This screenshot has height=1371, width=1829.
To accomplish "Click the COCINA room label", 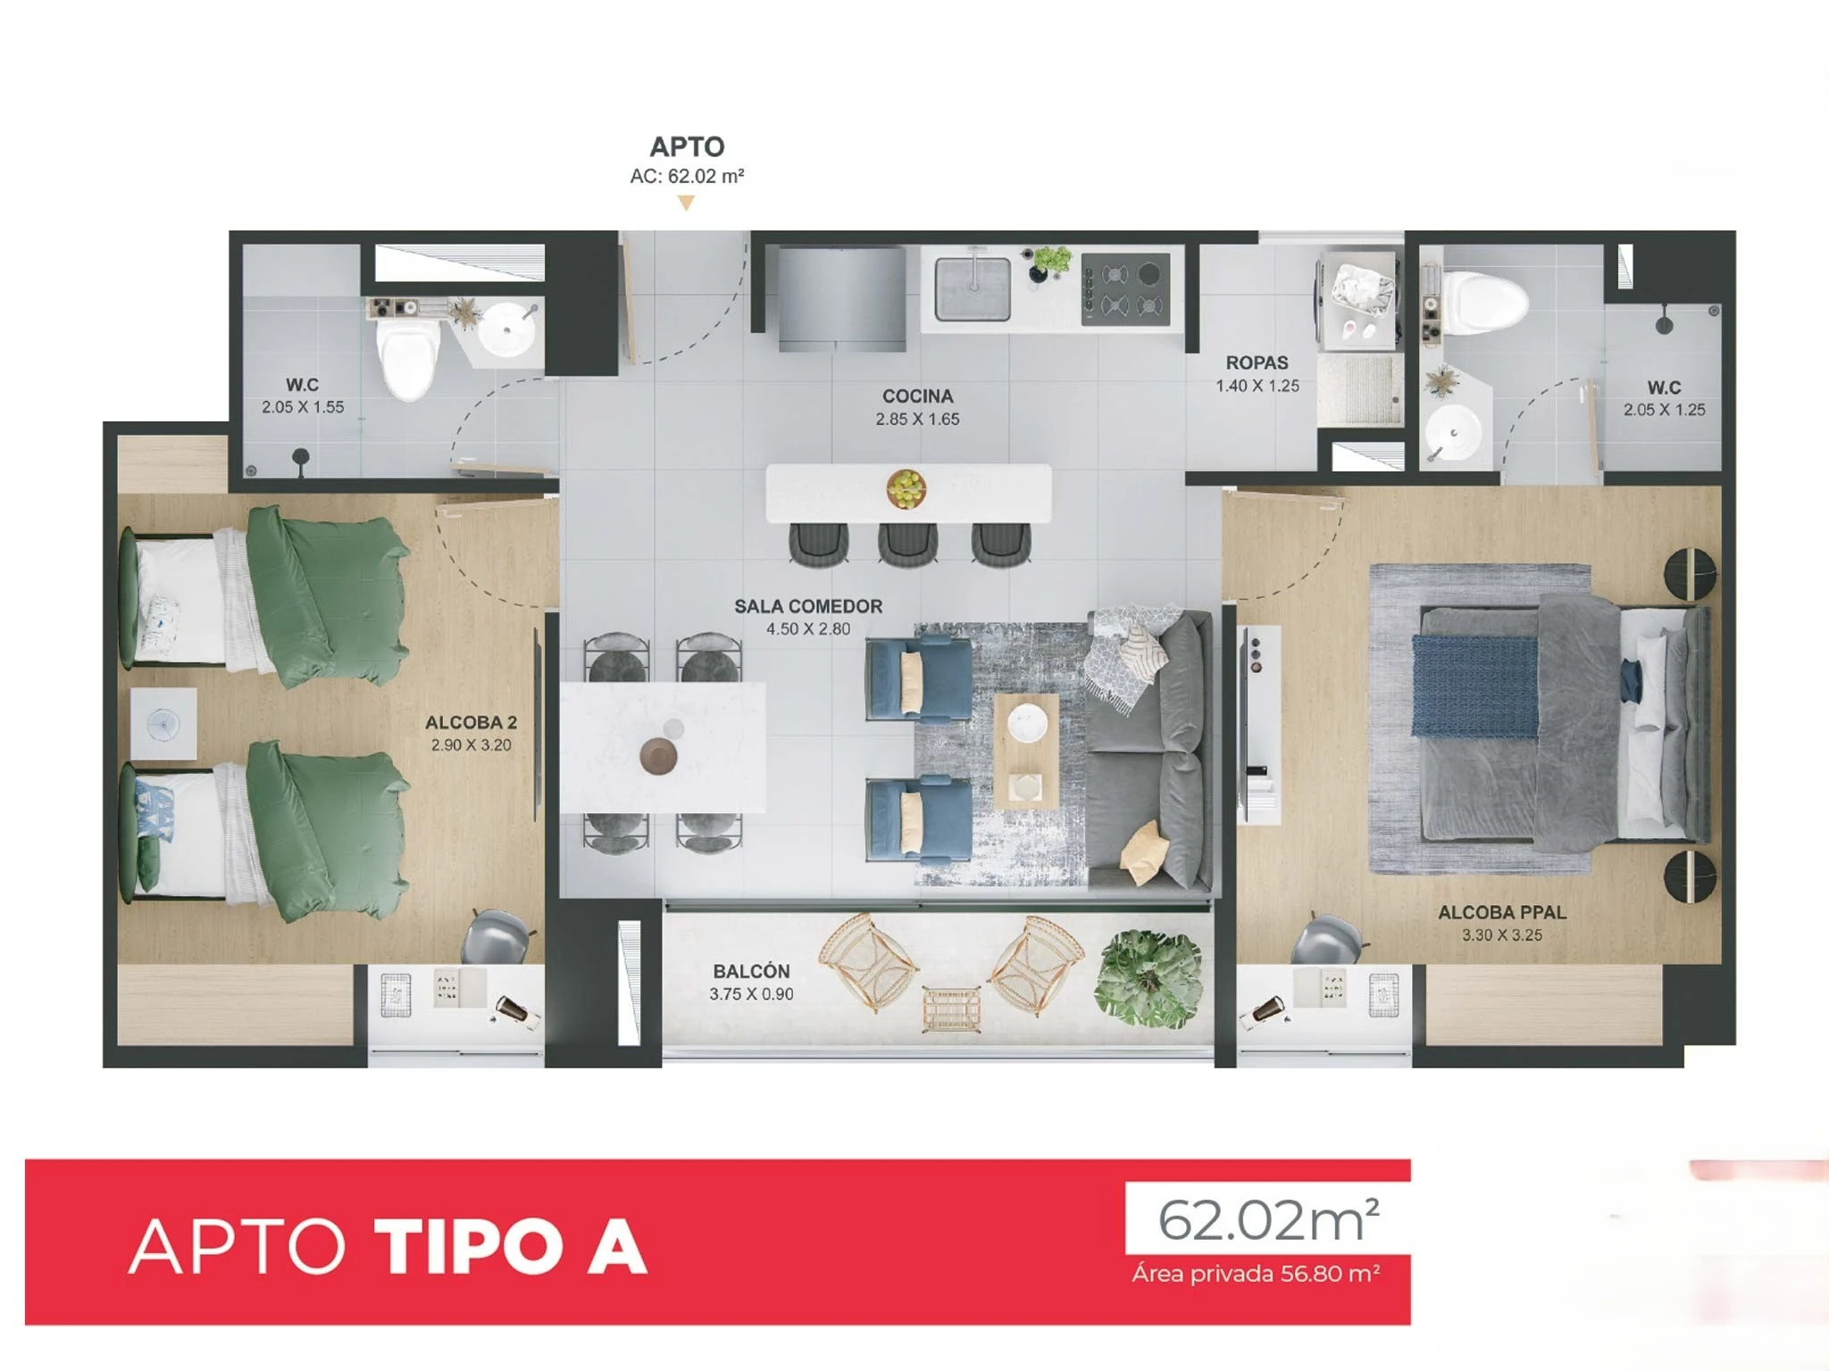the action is coord(917,395).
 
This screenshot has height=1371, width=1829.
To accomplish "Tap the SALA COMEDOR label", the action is coord(808,606).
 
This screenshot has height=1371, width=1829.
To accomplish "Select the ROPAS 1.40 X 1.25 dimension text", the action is coord(1257,386).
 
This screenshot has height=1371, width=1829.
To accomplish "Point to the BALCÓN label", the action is coord(751,970).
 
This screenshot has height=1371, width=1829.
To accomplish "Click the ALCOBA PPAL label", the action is coord(1501,912).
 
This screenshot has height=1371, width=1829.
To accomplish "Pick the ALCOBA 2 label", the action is coord(471,722).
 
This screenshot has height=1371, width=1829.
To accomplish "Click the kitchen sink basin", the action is coord(973,288).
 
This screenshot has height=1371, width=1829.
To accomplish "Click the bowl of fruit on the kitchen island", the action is coord(906,488).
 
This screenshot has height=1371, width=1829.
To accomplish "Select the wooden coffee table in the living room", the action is coord(1026,751).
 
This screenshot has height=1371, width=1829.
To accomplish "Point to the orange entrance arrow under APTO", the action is coord(686,204).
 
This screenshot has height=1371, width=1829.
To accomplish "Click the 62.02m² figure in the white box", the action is coord(1268,1219).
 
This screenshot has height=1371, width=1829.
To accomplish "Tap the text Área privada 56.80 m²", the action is coord(1256,1273).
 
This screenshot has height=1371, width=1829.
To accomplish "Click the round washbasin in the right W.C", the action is coord(1454,434).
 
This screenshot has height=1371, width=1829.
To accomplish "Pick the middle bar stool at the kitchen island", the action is coord(907,544).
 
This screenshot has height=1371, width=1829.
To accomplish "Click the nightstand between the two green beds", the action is coord(163,723).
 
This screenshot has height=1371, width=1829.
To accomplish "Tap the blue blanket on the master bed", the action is coord(1475,685).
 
